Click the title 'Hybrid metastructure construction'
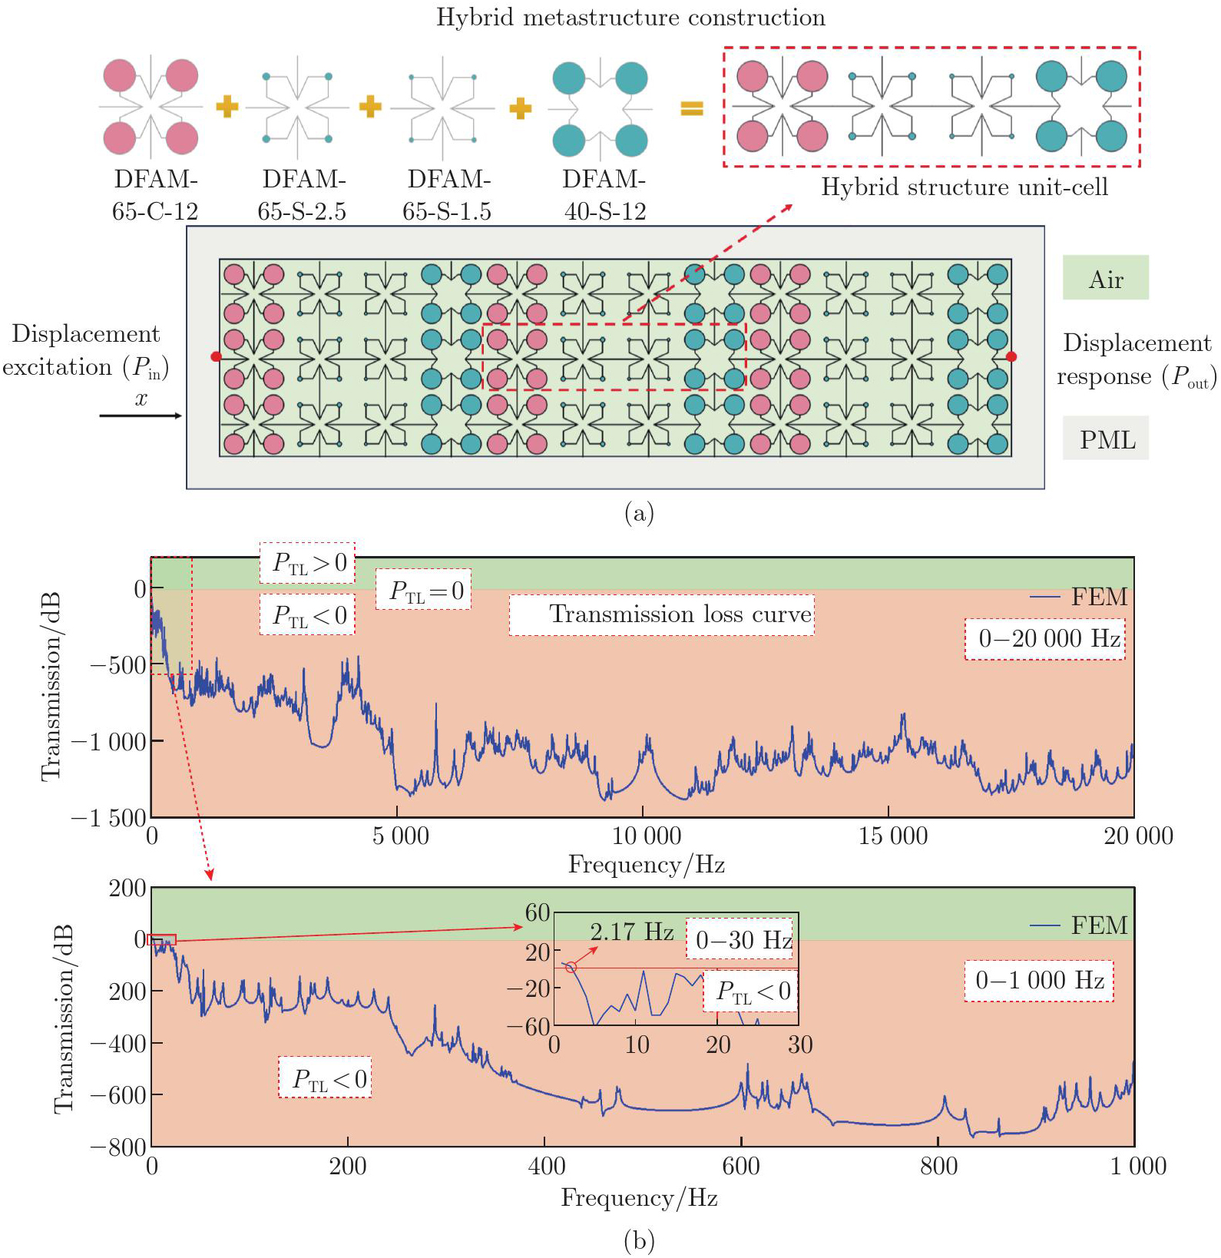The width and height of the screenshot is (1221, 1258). [x=630, y=18]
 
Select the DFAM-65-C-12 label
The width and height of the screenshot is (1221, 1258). [x=155, y=195]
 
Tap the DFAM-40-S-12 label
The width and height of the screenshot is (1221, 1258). [x=604, y=195]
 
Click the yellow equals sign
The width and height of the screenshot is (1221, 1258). [x=692, y=108]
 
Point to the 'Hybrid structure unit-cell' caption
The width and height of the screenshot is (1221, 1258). [x=965, y=187]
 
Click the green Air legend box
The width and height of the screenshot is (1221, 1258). [x=1105, y=278]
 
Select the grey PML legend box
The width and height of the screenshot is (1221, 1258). [x=1106, y=439]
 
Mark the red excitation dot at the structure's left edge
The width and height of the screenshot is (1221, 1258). [x=216, y=356]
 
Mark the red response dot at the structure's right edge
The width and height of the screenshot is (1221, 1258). [x=1011, y=356]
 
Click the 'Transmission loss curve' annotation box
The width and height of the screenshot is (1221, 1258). [x=662, y=614]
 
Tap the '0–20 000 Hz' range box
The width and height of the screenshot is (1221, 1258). [x=1045, y=638]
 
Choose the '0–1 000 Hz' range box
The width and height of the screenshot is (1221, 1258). [x=1039, y=981]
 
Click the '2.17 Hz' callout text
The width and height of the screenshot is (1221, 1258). [x=631, y=932]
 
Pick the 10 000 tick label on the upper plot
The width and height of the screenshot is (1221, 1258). [x=646, y=836]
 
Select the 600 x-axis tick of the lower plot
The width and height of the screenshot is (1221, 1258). [x=741, y=1166]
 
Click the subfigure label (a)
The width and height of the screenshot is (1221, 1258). [x=639, y=512]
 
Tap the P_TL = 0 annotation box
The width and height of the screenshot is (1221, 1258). [x=424, y=590]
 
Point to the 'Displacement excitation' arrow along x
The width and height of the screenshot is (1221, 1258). [x=141, y=415]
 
